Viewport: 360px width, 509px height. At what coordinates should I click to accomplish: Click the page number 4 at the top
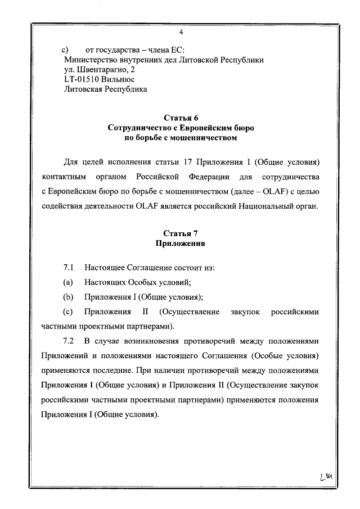[x=181, y=32]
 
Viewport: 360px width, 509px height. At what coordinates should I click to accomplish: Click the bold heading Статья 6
[x=180, y=118]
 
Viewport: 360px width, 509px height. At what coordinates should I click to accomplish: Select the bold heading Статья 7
[x=180, y=234]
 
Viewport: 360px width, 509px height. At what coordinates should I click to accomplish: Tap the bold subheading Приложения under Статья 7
[x=180, y=244]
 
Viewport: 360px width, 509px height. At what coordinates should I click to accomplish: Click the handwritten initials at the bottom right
[x=326, y=478]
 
